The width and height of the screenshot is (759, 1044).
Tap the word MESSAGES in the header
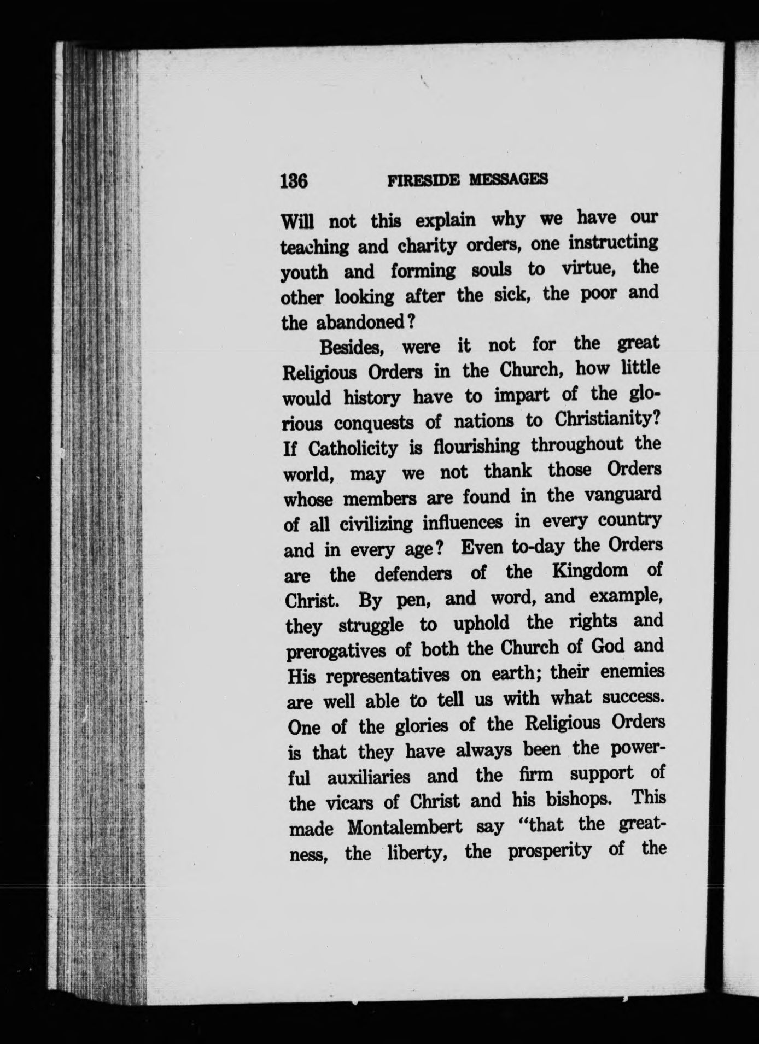click(x=509, y=179)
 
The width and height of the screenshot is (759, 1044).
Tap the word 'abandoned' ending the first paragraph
click(x=359, y=322)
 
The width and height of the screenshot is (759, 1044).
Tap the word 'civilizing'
click(x=376, y=524)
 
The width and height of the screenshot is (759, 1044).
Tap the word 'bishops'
click(x=580, y=800)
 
